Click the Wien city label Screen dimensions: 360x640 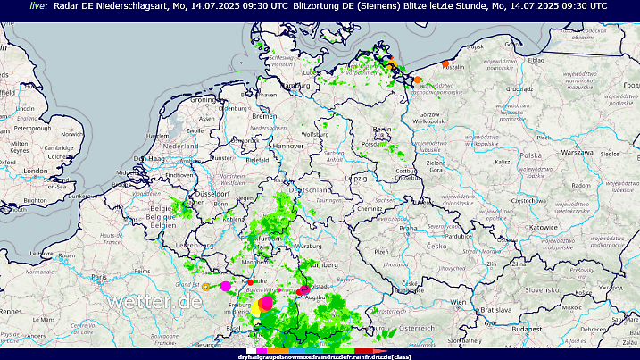(x=457, y=303)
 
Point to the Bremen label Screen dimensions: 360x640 (x=264, y=117)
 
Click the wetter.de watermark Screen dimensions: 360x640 (x=154, y=302)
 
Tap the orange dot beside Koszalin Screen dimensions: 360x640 (x=445, y=63)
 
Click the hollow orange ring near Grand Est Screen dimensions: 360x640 (x=206, y=287)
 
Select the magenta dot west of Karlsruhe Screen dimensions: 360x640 (x=226, y=286)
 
